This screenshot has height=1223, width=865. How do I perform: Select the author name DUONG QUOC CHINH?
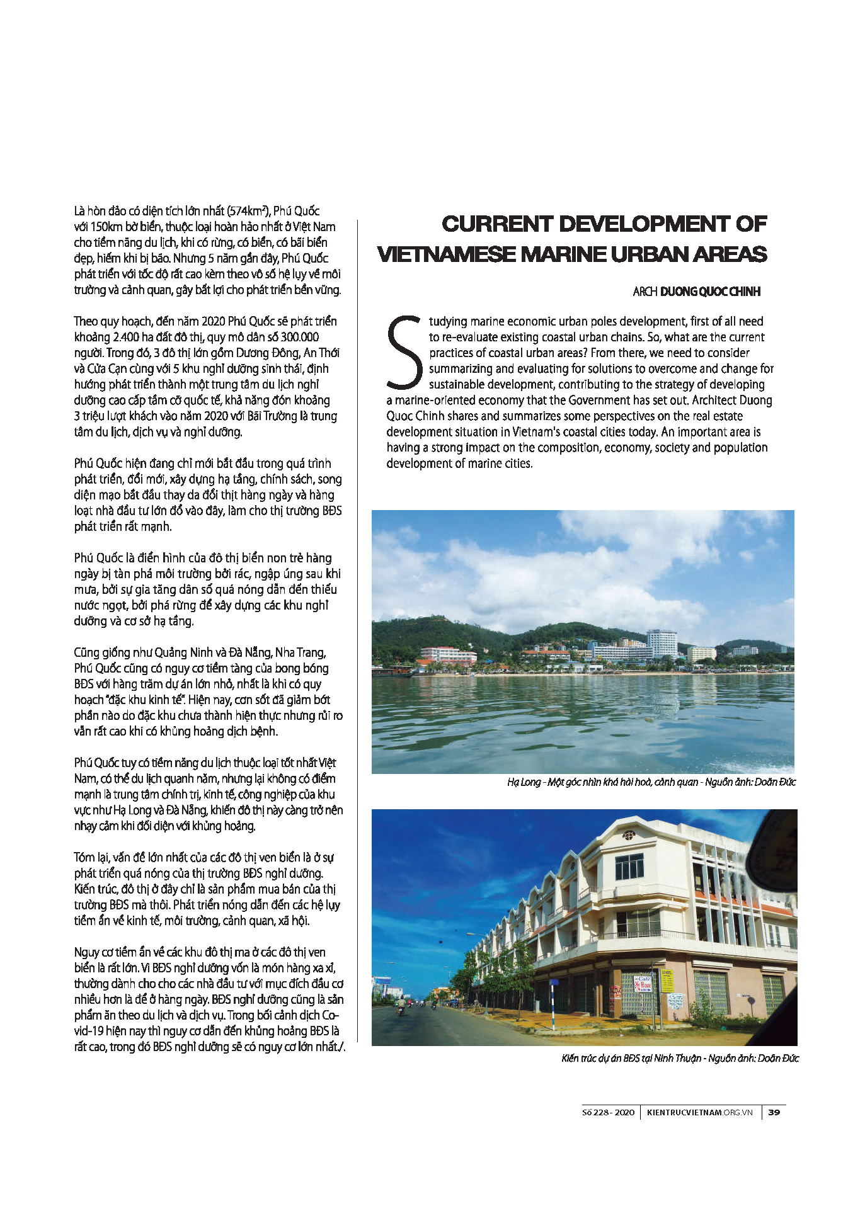[710, 292]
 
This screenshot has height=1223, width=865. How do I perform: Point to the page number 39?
[774, 1112]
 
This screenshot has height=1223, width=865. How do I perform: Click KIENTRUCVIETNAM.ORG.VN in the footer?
[700, 1112]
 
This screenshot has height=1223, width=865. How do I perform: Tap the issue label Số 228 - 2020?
[608, 1112]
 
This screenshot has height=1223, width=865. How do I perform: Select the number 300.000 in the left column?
[299, 337]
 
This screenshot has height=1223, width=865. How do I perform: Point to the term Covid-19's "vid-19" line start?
[88, 1031]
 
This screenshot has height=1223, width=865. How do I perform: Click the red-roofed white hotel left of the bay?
[448, 656]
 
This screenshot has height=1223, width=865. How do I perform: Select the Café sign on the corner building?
[642, 982]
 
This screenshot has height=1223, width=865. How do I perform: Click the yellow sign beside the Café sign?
[667, 982]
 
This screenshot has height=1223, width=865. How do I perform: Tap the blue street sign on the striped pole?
[553, 983]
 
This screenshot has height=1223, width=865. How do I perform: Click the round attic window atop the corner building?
[628, 836]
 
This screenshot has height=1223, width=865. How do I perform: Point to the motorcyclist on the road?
[399, 1011]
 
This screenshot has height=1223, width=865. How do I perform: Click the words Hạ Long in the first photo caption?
[524, 782]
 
